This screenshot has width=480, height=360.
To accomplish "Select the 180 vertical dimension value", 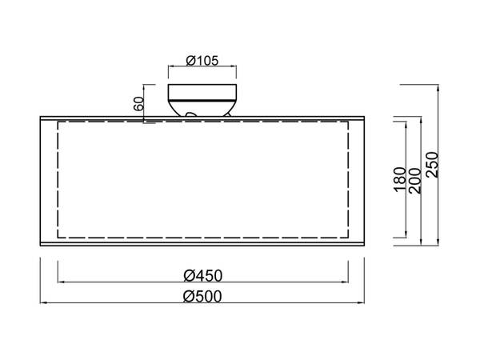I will tap(401, 181).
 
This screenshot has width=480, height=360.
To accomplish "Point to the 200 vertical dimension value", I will tap(415, 181).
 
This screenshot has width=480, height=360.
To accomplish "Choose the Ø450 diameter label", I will tap(202, 275).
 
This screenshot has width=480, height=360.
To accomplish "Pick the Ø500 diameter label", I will tap(202, 296).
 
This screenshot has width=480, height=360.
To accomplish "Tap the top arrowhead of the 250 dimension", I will tap(438, 85).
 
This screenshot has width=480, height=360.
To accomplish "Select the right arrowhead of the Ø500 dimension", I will tap(363, 303).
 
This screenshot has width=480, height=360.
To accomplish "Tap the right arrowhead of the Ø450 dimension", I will tap(347, 282).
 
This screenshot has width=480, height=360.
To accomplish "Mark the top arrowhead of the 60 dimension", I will tap(145, 85).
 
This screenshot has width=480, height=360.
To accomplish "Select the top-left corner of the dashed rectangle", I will tap(58, 122).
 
